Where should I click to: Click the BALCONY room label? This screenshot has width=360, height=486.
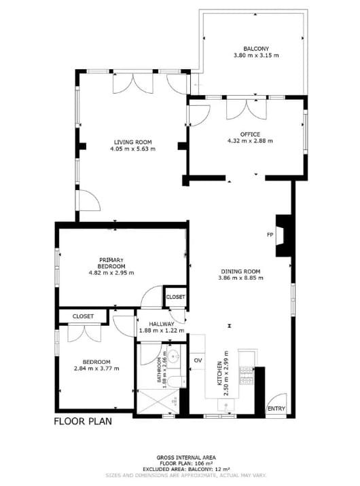tap(251, 49)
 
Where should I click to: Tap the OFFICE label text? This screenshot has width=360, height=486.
tap(250, 134)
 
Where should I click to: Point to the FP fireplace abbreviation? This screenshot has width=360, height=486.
tap(270, 235)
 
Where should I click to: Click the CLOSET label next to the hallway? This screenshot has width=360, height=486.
tap(175, 297)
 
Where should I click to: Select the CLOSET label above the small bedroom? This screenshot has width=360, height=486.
tap(83, 316)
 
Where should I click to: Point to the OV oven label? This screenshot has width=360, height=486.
tap(198, 360)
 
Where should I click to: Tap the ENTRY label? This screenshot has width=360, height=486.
tap(276, 409)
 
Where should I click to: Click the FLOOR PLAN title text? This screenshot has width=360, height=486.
tap(83, 421)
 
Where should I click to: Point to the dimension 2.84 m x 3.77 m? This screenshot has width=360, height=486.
tap(96, 369)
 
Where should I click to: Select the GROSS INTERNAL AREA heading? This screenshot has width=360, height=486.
tap(187, 458)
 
